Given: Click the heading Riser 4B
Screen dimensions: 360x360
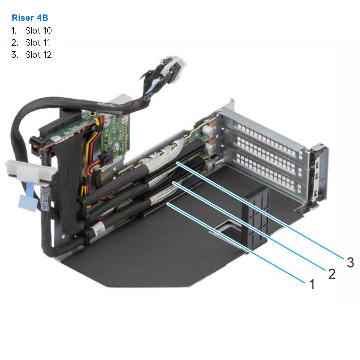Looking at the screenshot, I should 30,18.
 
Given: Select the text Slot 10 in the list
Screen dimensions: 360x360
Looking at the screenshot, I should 38,31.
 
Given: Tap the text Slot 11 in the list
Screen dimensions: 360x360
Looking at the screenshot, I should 38,43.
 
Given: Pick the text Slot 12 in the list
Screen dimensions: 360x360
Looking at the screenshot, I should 38,55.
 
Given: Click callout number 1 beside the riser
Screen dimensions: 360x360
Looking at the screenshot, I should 312,285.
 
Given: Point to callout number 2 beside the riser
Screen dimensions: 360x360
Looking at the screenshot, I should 331,274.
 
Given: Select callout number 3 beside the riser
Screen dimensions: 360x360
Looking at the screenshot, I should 350,262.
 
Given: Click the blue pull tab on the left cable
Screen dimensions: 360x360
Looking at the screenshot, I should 27,203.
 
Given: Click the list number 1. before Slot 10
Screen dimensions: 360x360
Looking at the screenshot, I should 14,31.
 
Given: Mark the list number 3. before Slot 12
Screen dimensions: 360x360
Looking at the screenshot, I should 14,55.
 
